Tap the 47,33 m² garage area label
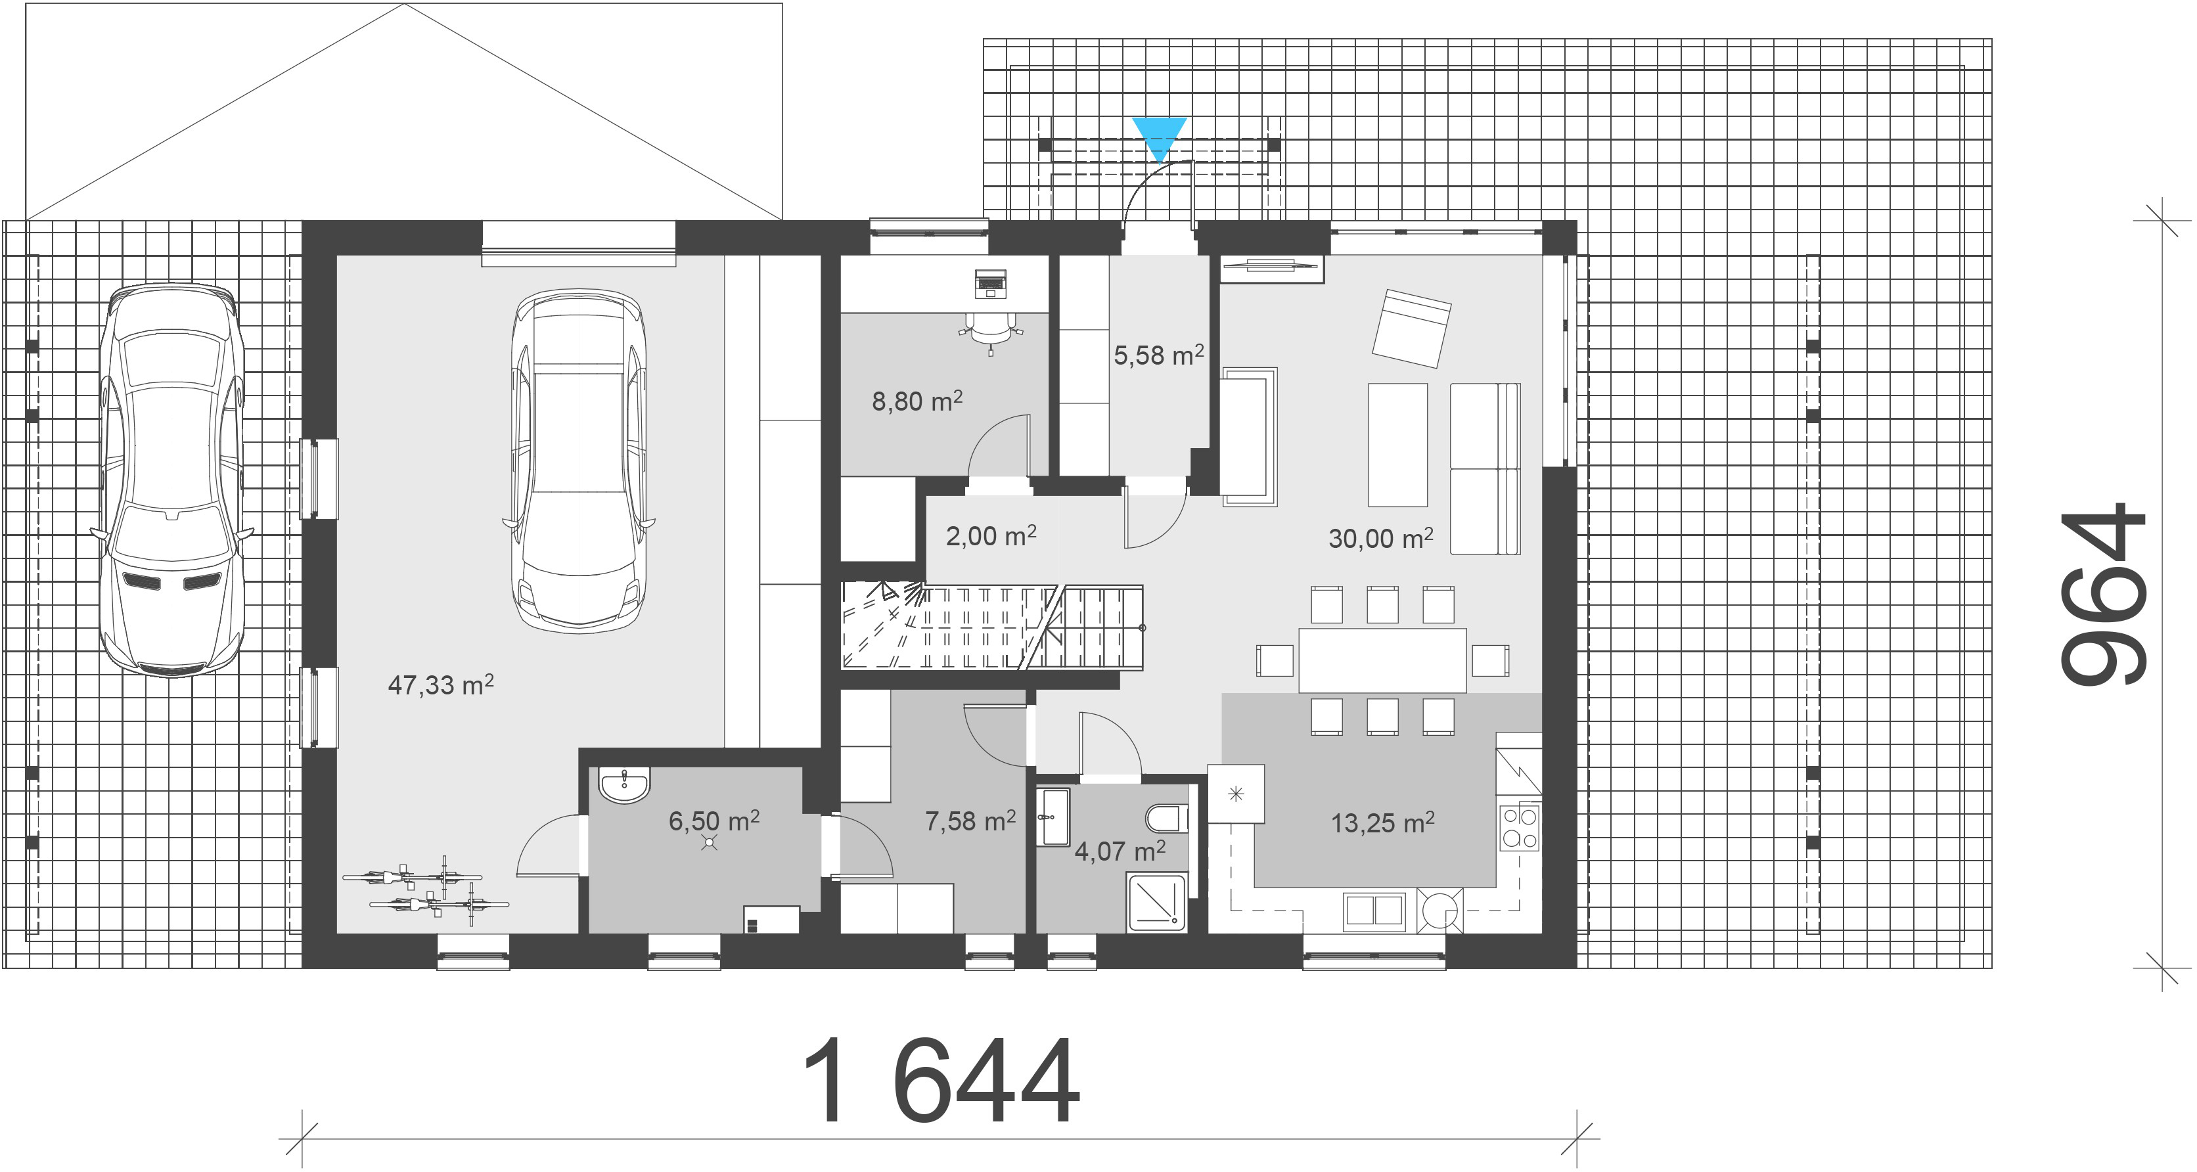(441, 684)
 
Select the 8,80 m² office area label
(917, 400)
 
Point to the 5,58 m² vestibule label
(1158, 354)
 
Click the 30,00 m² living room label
(1381, 537)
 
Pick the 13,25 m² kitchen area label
(1382, 823)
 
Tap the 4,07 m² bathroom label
(1120, 851)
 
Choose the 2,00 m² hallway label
(991, 535)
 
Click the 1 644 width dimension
(941, 1081)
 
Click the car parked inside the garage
(578, 461)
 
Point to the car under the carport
(171, 480)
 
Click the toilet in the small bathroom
(1167, 819)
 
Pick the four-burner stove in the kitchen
(1520, 827)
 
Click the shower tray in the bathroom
(1156, 901)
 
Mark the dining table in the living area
(1382, 660)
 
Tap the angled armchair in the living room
(1411, 328)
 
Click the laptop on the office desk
(990, 282)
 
